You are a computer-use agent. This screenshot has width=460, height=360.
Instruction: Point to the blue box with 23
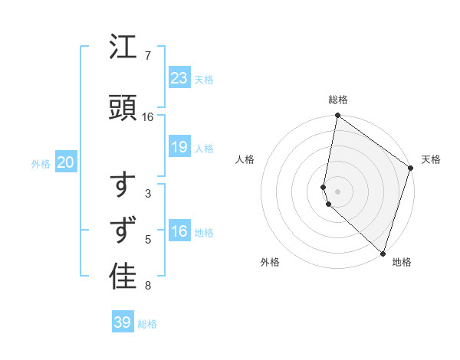pos(179,77)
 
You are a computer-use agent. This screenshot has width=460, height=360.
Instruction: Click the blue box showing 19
pos(179,147)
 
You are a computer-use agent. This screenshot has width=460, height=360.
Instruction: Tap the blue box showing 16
pos(179,231)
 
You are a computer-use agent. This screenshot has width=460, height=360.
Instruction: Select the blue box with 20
pos(65,162)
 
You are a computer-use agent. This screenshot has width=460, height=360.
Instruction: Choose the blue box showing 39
pos(123,322)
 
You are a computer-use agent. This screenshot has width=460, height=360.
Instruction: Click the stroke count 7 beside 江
pos(147,56)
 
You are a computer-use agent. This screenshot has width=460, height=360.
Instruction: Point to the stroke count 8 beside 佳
pos(147,286)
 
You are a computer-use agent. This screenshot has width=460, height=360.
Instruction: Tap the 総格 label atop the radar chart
pos(338,100)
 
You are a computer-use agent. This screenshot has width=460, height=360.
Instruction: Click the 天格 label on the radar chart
pos(431,159)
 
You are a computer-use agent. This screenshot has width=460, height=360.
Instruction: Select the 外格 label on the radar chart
pos(270,262)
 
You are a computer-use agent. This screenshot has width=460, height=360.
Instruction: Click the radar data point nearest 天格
pos(411,168)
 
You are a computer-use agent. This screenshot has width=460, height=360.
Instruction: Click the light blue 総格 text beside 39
pos(147,324)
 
